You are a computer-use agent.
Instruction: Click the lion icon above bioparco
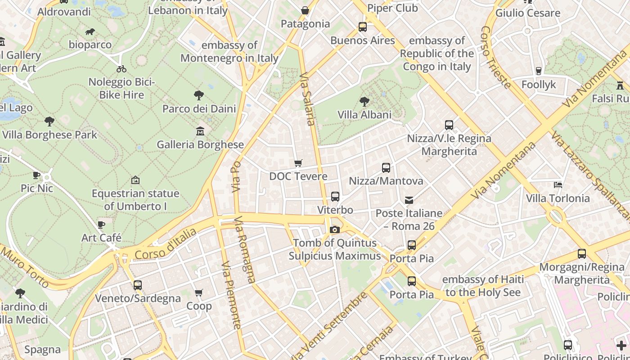90,31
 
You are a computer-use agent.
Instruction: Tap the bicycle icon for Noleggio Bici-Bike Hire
121,69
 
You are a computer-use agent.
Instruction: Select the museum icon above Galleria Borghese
200,131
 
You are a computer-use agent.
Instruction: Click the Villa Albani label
364,115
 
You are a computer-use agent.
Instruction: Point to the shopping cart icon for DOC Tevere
298,163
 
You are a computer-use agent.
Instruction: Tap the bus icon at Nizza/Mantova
386,168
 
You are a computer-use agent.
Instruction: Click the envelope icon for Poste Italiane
409,200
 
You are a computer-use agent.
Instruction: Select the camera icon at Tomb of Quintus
334,230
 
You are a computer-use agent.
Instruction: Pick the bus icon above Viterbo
335,197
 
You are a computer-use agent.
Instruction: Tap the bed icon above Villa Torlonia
558,185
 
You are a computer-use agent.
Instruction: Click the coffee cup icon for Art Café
101,225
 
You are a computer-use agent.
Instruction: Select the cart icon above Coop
199,293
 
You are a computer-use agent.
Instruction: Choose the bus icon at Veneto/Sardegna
138,285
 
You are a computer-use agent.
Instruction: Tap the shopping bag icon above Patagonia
305,10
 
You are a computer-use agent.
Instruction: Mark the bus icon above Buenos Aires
363,27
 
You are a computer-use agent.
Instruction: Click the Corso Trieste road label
495,57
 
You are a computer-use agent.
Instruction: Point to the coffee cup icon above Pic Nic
37,175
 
